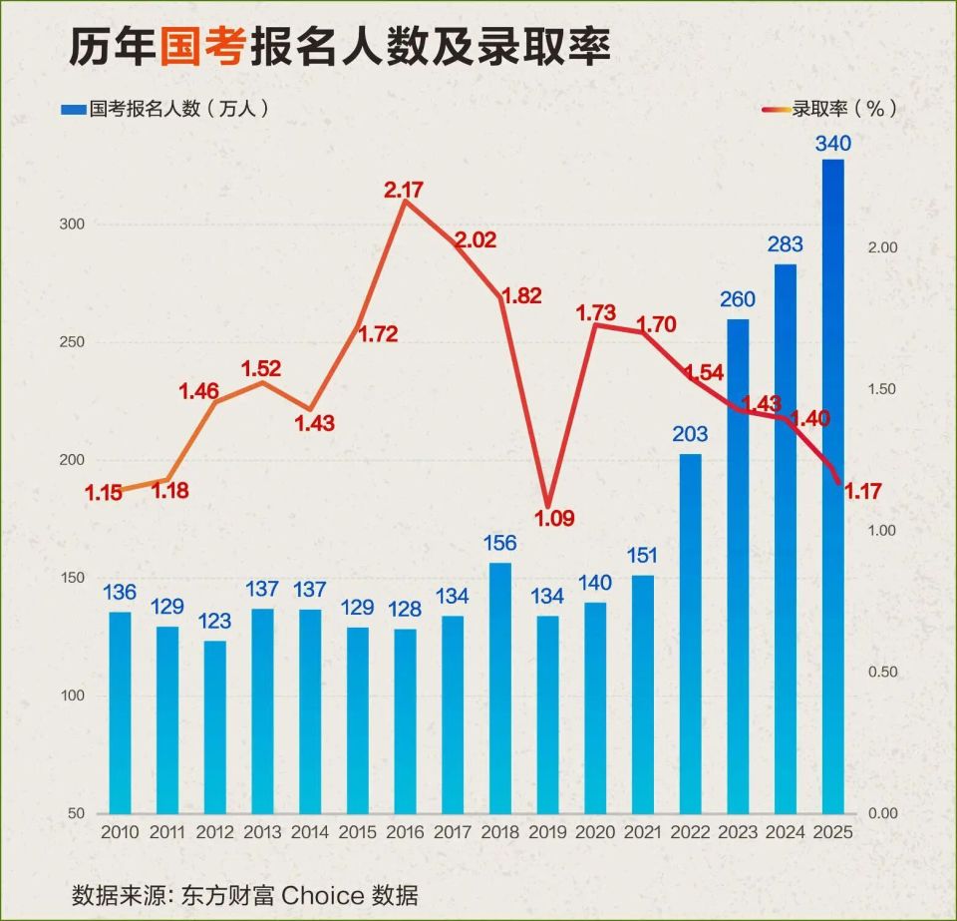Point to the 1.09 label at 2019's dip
(555, 519)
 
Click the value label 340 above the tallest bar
(832, 144)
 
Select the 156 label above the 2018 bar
(499, 543)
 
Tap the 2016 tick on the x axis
(404, 831)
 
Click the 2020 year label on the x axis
(594, 831)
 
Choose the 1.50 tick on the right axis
(883, 389)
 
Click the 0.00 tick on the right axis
(883, 814)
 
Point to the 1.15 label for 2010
(104, 493)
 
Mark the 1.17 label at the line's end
(863, 491)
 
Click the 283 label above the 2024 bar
(786, 245)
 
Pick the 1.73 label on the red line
(596, 313)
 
